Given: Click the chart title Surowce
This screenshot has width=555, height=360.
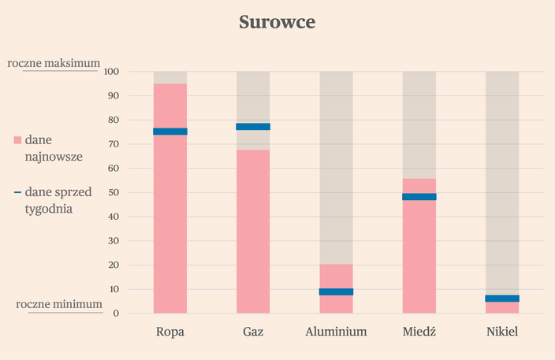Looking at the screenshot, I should coord(277,22).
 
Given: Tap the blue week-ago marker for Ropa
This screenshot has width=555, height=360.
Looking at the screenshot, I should coord(170,132).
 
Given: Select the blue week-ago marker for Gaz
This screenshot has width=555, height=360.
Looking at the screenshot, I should coord(253,127).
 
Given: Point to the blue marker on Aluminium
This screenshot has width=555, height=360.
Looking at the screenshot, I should coord(336,291).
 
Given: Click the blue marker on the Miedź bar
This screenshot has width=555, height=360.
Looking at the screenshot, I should coord(419,197).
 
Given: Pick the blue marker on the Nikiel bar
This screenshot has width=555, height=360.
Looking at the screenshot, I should coord(502,299).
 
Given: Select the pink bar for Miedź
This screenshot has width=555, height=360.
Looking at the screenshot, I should coord(419,252).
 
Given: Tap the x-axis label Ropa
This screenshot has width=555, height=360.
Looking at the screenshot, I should coord(170,332).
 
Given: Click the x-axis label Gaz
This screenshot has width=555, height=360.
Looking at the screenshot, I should coord(253,332).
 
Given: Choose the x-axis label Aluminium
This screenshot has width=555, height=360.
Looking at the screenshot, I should coord(336,332).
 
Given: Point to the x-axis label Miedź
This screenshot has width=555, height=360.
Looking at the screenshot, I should coord(419,332).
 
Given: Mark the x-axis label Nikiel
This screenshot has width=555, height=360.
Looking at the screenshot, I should coord(502,332).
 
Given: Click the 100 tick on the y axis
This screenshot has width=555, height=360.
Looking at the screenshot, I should coord(110,72).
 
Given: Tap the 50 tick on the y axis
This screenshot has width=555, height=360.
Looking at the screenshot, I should coord(113,193).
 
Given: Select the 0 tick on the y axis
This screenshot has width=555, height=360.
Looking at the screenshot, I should coord(115,314).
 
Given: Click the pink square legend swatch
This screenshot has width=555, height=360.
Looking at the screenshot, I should coord(17,140).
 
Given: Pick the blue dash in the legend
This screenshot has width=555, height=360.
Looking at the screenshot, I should coord(17,192).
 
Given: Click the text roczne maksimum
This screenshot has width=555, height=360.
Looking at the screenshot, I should coord(54,63).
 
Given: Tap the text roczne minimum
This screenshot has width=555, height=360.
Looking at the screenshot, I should coord(58,304).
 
